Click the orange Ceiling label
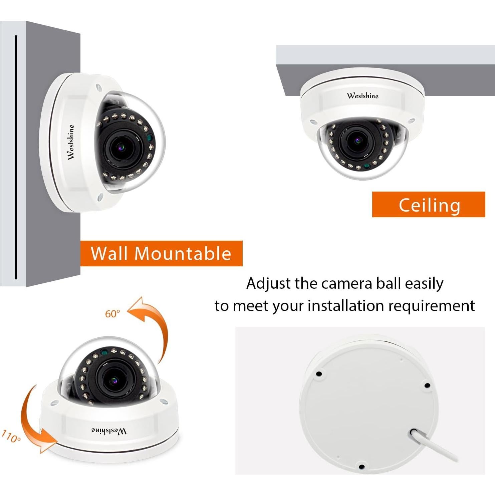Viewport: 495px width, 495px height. (429, 205)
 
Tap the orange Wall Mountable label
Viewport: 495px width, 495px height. (161, 253)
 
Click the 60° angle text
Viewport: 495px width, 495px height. (112, 314)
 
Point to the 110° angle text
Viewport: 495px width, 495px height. (11, 437)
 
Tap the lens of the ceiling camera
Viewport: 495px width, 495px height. (357, 140)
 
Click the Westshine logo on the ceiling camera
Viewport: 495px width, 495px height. (363, 96)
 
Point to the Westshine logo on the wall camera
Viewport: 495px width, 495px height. (70, 142)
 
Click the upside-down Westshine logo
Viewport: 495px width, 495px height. (109, 431)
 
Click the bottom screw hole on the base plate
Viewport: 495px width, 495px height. (361, 466)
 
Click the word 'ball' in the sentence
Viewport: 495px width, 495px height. (389, 283)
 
